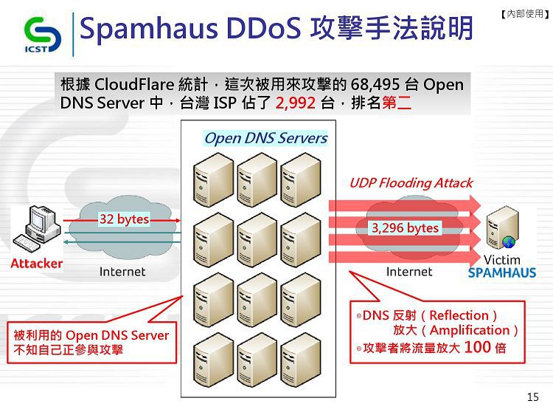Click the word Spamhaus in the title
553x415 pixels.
coord(148,28)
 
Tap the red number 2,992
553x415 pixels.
coord(296,103)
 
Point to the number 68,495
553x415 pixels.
coord(375,84)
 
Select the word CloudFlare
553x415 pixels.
coord(134,84)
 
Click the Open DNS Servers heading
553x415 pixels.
coord(266,138)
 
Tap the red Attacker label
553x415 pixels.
coord(37,264)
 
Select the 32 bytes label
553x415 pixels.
coord(124,219)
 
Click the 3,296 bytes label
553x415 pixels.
coord(406,228)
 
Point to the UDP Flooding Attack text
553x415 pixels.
coord(411,183)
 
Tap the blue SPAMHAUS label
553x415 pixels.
coord(502,272)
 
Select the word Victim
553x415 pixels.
coord(502,260)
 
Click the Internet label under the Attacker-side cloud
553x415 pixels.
coord(122,272)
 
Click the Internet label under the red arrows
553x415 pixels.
coord(409,272)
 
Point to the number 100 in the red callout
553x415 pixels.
coord(477,347)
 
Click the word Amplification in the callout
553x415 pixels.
coord(470,330)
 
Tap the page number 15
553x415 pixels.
coord(533,397)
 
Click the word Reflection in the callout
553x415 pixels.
coord(459,315)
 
